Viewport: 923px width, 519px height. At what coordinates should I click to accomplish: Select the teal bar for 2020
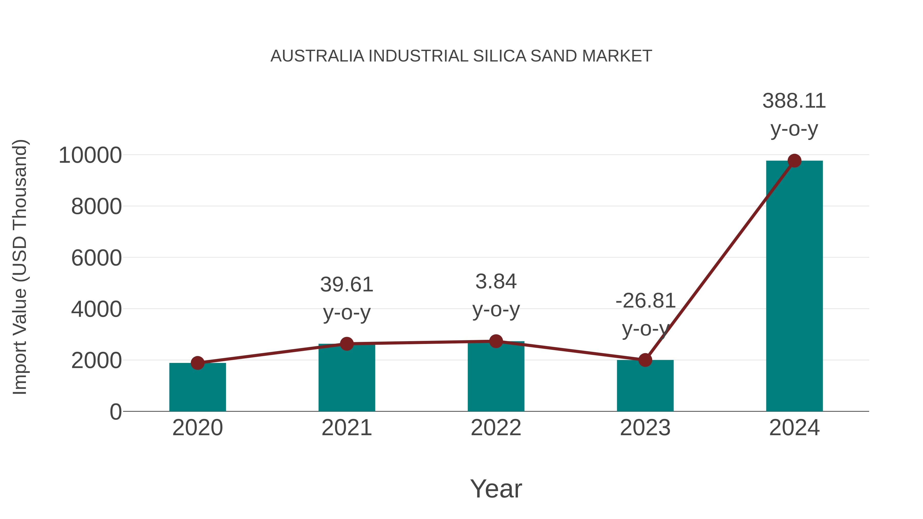[x=197, y=389]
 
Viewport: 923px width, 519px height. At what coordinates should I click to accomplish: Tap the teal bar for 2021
[x=346, y=380]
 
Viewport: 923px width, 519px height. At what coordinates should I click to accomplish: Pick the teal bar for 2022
[x=496, y=378]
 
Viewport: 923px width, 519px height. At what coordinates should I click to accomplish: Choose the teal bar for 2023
[x=645, y=387]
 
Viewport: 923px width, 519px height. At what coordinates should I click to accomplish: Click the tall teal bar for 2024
[x=794, y=287]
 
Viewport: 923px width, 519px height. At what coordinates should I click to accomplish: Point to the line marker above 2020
[x=197, y=363]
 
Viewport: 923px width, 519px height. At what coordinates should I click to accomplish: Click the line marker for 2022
[x=496, y=341]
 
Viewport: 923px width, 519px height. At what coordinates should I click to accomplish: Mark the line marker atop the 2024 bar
[x=794, y=161]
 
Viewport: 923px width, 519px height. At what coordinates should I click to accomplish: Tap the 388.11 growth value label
[x=794, y=101]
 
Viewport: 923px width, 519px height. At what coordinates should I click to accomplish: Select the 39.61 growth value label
[x=346, y=285]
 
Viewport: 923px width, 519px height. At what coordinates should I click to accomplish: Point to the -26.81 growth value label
[x=645, y=301]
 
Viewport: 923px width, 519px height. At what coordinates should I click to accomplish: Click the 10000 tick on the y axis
[x=90, y=156]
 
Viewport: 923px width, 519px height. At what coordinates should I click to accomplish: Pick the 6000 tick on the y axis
[x=96, y=258]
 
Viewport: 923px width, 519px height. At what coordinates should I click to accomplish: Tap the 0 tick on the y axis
[x=115, y=412]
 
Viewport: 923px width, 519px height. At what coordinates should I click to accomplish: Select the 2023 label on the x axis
[x=645, y=428]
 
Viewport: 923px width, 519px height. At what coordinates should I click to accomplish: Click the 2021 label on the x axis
[x=346, y=428]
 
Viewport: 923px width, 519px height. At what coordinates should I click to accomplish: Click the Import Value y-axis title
[x=20, y=267]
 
